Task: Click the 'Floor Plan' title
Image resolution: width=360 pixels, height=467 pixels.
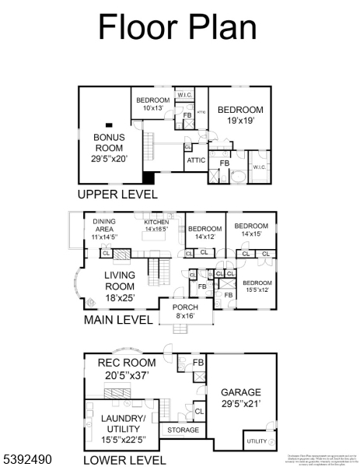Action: pos(177,27)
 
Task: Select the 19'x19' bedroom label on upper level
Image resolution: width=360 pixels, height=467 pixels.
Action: pos(240,115)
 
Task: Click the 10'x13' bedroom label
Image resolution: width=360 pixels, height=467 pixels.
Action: pos(153,104)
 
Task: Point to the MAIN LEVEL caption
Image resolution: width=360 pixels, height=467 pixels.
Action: pos(118,320)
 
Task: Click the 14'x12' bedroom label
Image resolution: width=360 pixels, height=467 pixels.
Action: pos(204,233)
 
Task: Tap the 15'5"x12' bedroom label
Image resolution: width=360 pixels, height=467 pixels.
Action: pos(257,286)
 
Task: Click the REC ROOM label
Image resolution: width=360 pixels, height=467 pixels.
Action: pos(126,368)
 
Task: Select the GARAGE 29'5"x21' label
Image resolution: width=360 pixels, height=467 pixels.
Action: pos(241,398)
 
